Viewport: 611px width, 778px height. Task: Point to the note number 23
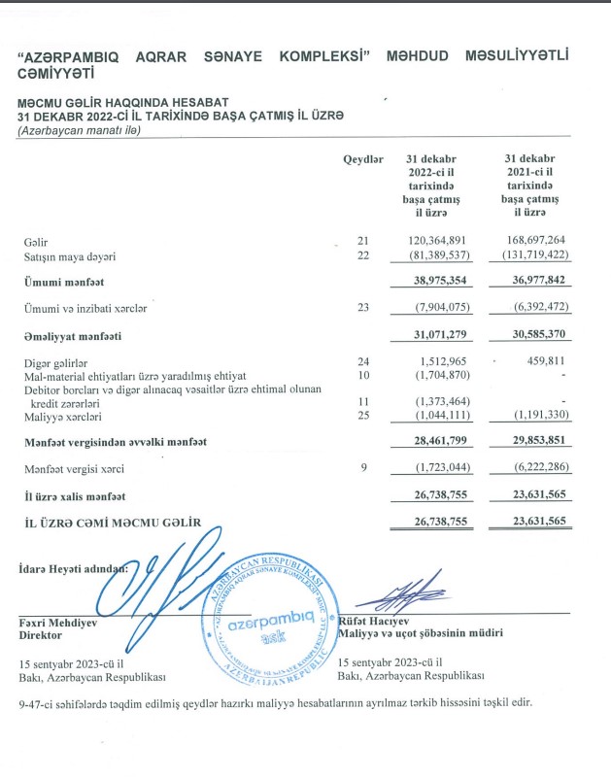click(364, 308)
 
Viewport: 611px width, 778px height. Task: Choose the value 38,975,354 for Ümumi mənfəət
click(436, 282)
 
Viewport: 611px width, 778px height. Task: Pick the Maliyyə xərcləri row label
click(65, 416)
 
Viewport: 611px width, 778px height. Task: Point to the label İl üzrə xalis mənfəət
click(76, 496)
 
